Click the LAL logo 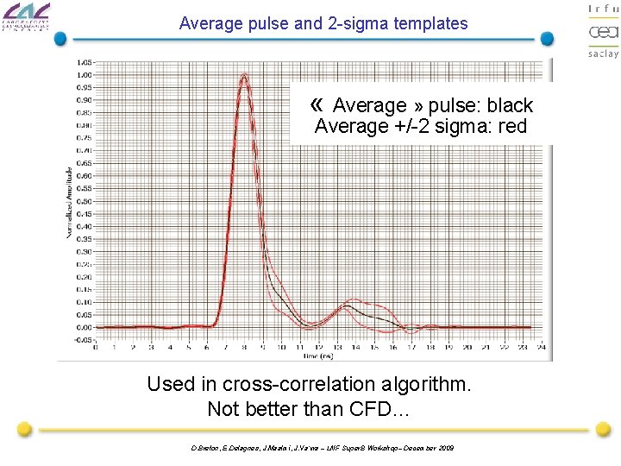point(27,19)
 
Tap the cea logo point(603,32)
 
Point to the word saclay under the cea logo point(603,53)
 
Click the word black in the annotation point(510,106)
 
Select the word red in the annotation point(511,127)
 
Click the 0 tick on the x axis point(95,349)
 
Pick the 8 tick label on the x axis point(244,349)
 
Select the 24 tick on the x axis point(542,349)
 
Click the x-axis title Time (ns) point(318,356)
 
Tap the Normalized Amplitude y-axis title point(70,203)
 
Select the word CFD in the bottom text point(372,409)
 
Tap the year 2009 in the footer point(445,447)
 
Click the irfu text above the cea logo point(603,9)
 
